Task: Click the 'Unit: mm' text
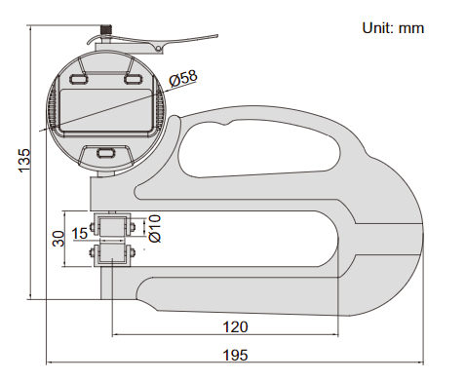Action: point(393,28)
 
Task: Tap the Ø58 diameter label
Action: point(183,78)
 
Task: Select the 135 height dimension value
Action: point(24,161)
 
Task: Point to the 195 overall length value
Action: point(235,355)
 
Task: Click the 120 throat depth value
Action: point(235,326)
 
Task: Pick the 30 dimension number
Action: point(58,239)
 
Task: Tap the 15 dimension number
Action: point(80,233)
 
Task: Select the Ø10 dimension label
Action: point(155,228)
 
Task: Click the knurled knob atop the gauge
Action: point(105,30)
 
